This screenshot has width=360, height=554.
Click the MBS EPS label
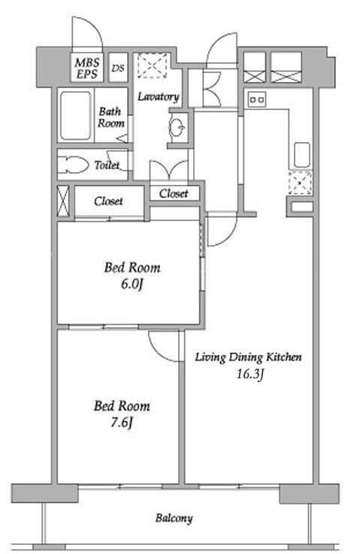[87, 68]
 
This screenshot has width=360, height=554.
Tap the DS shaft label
[118, 68]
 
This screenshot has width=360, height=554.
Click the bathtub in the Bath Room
[75, 116]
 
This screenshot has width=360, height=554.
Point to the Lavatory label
[158, 96]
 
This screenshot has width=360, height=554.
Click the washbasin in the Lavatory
[177, 126]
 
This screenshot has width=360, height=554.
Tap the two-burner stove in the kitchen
[257, 100]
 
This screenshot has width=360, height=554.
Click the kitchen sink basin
[302, 155]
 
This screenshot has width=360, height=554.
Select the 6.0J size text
[132, 284]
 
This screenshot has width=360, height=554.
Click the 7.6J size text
[122, 422]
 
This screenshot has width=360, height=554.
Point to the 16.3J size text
[250, 374]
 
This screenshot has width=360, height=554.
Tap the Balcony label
[174, 519]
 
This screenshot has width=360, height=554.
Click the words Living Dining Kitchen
[248, 357]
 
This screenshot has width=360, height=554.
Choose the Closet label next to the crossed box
[108, 201]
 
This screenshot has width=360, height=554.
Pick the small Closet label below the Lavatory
[174, 193]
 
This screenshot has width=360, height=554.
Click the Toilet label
[107, 165]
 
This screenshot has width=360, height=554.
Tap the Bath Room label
[111, 117]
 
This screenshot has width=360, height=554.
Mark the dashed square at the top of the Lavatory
[153, 65]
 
